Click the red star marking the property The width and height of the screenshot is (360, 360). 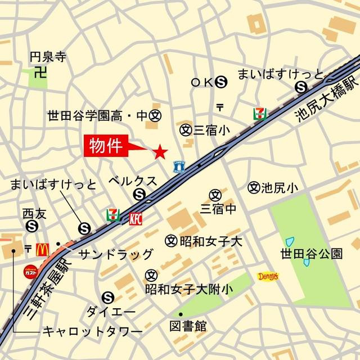[160, 151]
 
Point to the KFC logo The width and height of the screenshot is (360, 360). [136, 218]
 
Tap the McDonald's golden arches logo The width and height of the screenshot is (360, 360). [43, 249]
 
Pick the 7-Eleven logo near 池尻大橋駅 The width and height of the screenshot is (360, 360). [260, 112]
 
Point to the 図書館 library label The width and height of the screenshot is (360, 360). [188, 326]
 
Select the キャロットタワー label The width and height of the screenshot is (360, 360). [92, 332]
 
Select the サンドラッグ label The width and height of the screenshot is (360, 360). [115, 254]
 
